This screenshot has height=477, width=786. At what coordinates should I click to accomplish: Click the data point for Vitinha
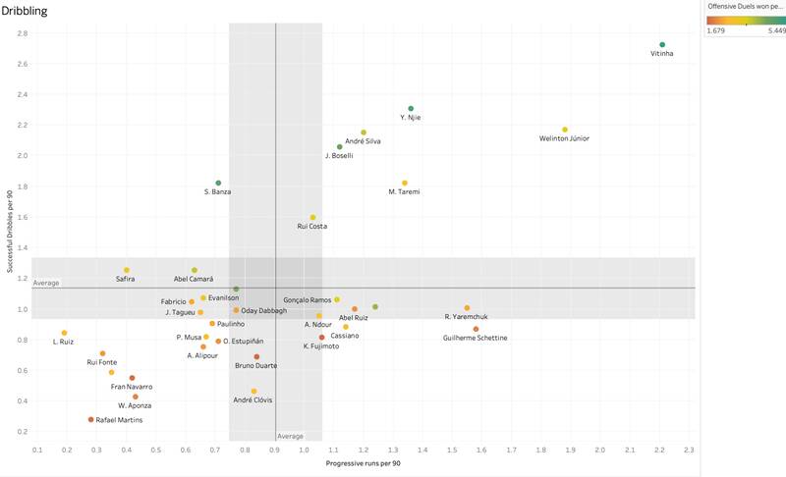pos(662,45)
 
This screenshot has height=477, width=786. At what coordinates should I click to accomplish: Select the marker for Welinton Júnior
pos(565,130)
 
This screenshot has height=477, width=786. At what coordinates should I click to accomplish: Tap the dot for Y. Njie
pos(411,109)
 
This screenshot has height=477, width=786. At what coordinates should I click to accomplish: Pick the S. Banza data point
pos(218,183)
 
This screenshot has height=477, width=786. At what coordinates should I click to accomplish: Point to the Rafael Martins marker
pos(91,419)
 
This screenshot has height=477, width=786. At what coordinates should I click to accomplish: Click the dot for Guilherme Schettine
pos(476,329)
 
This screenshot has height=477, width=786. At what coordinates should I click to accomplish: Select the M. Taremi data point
pos(405,184)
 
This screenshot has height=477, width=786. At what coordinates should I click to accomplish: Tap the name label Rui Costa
pos(312,226)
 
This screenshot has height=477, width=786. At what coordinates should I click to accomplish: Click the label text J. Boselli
pos(339,156)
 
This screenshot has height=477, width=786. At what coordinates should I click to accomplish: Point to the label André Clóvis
pos(253,400)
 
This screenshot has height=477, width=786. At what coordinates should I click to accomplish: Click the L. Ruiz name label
pos(63,342)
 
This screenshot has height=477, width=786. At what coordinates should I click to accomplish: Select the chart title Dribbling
pos(25,10)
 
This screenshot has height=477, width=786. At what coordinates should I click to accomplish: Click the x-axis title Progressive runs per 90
pos(363,462)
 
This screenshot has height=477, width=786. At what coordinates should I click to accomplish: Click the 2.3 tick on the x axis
pos(690,450)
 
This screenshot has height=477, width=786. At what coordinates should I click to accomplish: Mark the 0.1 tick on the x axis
pos(37,450)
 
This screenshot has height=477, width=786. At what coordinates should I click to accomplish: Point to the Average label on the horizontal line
pos(46,283)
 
